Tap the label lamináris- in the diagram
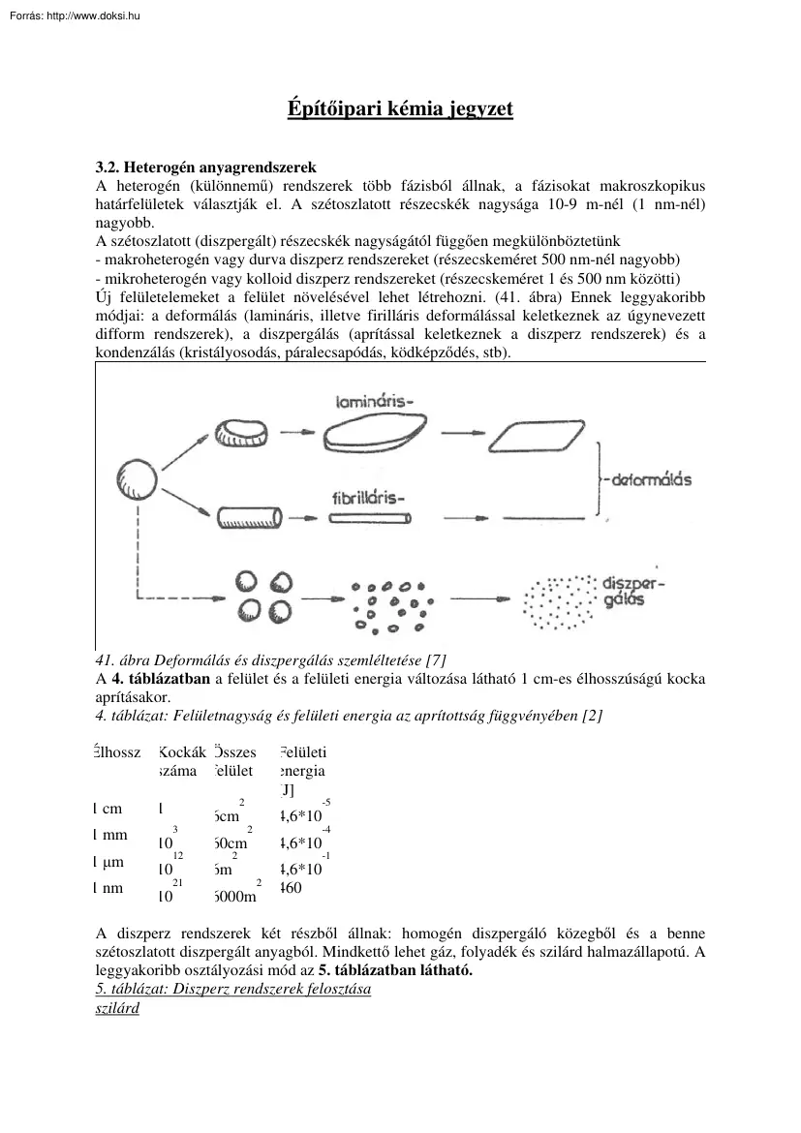[x=374, y=399]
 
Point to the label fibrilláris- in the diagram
[x=368, y=499]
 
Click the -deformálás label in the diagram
[x=648, y=479]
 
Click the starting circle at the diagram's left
[x=137, y=477]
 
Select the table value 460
[x=291, y=886]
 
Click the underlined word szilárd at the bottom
[x=118, y=1008]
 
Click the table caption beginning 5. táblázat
[x=234, y=990]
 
